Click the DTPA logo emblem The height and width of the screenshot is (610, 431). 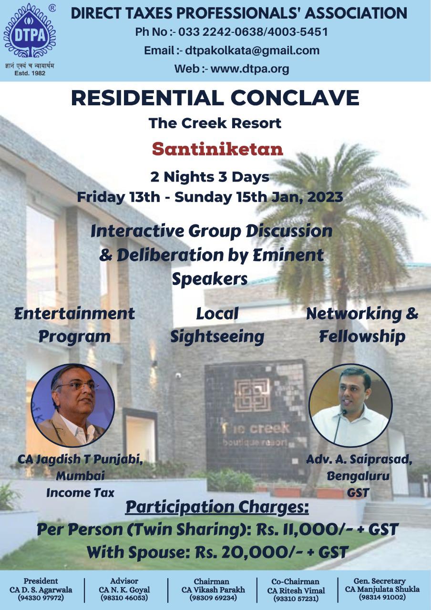tap(30, 30)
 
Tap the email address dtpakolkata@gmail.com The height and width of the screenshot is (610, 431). tap(252, 51)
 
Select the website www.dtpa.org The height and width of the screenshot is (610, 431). tap(250, 69)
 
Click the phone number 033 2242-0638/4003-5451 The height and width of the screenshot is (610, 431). tap(253, 32)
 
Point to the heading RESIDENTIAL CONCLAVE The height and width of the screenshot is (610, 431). tap(215, 98)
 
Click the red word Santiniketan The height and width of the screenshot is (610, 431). tap(217, 149)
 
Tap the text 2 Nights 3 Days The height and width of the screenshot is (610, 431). tap(210, 177)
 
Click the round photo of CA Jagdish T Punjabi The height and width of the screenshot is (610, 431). tap(73, 405)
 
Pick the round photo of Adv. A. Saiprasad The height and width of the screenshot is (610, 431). tap(350, 405)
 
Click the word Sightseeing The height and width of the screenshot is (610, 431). tap(217, 337)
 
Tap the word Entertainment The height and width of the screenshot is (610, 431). tap(75, 314)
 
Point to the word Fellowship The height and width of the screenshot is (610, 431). tap(362, 337)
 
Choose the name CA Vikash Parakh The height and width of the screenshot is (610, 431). tap(213, 590)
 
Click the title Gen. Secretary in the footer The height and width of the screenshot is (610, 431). tap(380, 581)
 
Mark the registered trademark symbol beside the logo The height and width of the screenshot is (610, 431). tap(52, 9)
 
